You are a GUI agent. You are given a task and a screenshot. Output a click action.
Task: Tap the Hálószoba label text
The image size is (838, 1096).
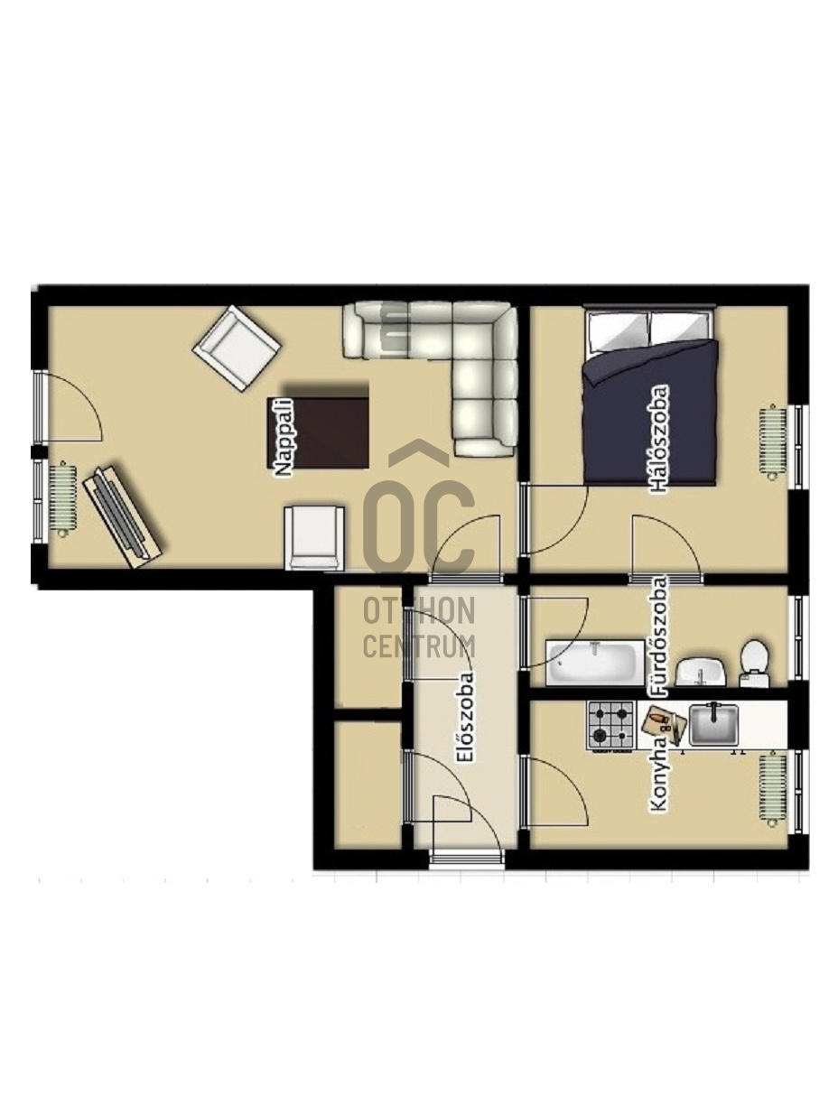click(x=657, y=439)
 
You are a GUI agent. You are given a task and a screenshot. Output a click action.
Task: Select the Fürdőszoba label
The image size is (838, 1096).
click(x=658, y=636)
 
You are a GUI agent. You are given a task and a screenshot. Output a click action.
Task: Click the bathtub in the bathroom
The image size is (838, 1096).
click(x=595, y=663)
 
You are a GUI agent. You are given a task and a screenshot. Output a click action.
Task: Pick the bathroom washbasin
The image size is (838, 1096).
click(x=700, y=672)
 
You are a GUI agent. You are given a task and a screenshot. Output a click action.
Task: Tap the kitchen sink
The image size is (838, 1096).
click(x=713, y=725)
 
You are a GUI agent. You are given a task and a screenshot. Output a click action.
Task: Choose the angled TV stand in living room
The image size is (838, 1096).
click(x=123, y=515)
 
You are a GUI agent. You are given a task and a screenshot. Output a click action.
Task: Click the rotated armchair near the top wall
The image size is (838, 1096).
click(x=237, y=348)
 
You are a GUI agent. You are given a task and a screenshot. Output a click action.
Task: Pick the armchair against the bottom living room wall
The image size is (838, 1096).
click(x=314, y=538)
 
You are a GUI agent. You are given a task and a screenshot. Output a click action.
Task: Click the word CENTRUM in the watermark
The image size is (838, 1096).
click(x=418, y=646)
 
